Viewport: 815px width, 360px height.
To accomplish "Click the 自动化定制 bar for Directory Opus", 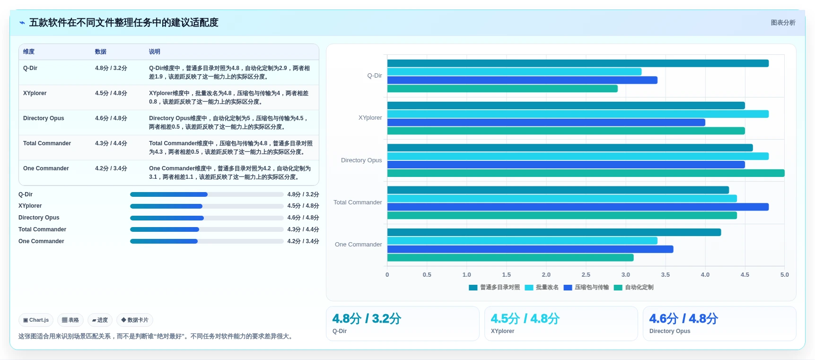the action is point(586,173).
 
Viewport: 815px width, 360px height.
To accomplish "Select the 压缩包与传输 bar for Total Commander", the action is point(578,207).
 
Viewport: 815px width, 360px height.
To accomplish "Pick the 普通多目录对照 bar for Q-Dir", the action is point(578,63).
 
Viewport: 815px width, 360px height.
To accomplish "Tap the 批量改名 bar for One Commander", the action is point(522,241).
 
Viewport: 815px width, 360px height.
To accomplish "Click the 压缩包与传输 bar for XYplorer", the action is point(546,123).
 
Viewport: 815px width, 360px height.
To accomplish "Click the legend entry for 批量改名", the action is point(542,287).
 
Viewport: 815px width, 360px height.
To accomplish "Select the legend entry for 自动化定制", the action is point(633,287).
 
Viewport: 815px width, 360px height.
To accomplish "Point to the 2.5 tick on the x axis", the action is point(586,274).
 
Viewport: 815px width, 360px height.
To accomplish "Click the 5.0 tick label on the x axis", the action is point(784,274).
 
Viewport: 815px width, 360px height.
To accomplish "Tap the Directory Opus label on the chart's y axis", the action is point(361,160).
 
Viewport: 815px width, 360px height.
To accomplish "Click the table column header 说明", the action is point(155,52).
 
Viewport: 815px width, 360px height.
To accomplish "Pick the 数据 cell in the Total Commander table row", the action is point(111,143).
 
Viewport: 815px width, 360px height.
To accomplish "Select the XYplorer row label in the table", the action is point(35,93).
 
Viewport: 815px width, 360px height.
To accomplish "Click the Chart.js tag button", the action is point(36,320).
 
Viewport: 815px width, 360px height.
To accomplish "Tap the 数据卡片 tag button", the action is point(135,320).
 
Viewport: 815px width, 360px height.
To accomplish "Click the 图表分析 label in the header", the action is point(783,23).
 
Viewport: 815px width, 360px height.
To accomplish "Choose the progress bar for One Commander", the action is point(207,241).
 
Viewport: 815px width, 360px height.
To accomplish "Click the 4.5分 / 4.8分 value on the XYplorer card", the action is point(525,318).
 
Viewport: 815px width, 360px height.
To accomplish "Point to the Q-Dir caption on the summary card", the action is point(340,331).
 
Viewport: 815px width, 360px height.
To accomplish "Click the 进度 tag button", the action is point(100,320).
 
